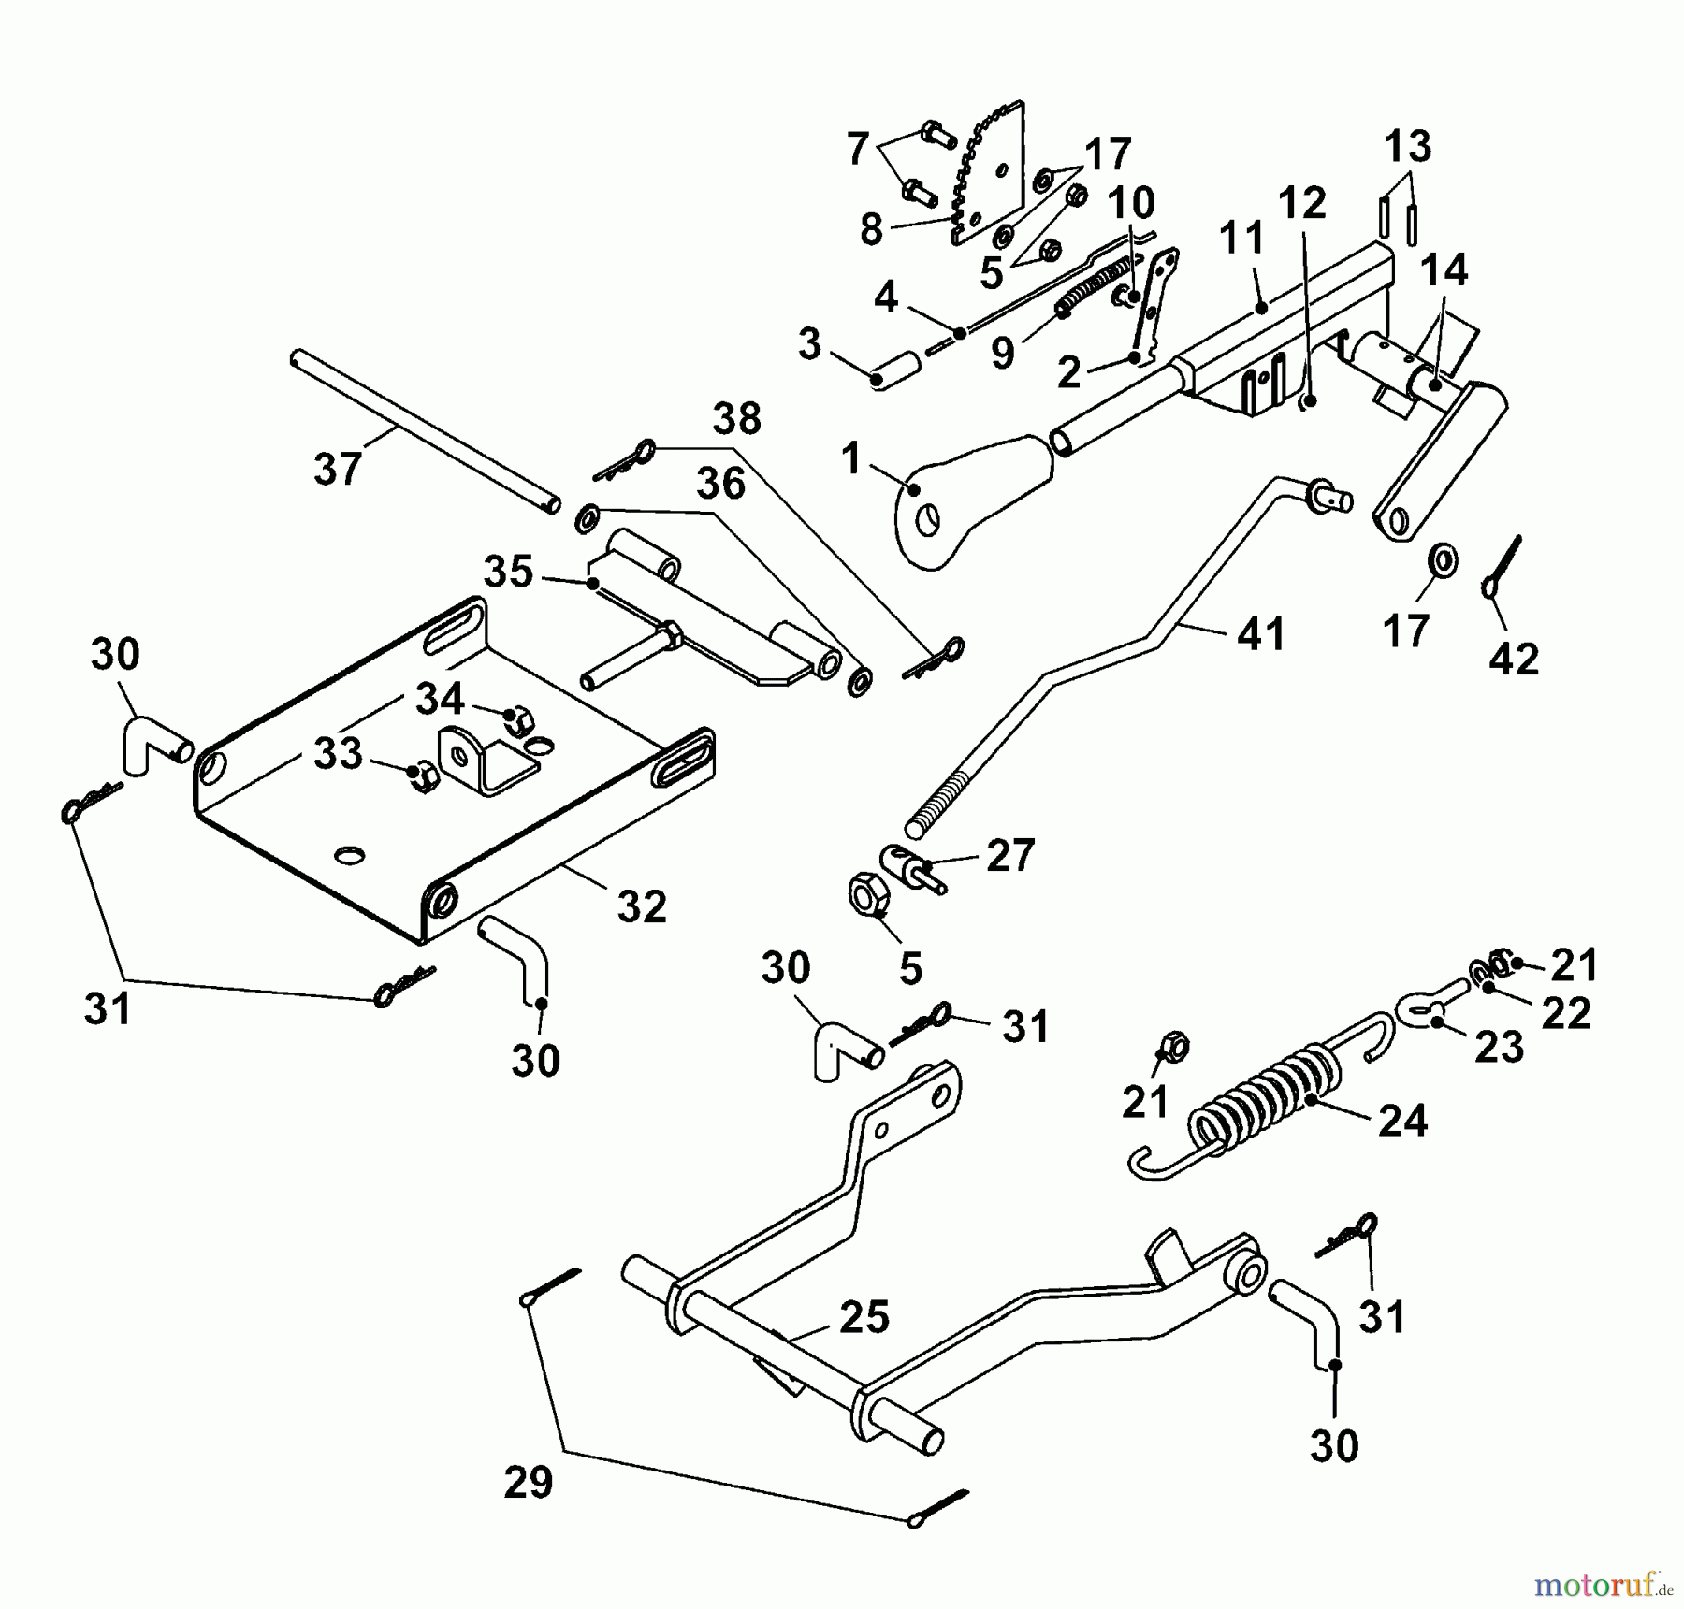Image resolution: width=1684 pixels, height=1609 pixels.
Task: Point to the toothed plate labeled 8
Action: tap(992, 178)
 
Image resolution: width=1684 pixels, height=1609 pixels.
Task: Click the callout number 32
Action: tap(642, 906)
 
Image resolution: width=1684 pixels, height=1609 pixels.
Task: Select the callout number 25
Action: tap(864, 1317)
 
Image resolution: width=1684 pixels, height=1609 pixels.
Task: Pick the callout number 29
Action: tap(529, 1483)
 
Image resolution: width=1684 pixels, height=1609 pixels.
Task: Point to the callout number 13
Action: tap(1407, 147)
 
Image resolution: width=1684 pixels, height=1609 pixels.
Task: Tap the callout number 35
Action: tap(508, 572)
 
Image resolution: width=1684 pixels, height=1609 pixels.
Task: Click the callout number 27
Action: tap(1010, 855)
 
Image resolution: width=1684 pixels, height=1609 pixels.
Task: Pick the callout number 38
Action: tap(736, 420)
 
